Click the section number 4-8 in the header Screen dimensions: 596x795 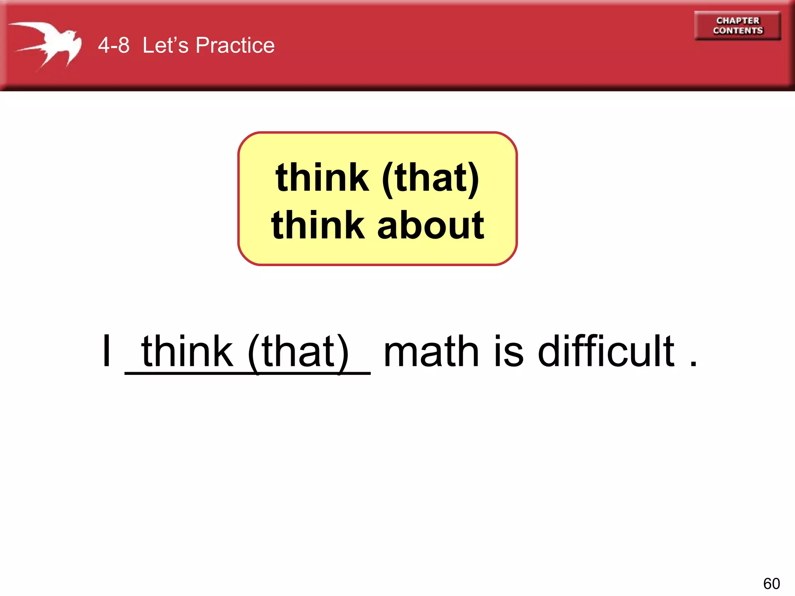coord(113,45)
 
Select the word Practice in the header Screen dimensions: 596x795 coord(235,45)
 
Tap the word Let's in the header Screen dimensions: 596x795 coord(165,45)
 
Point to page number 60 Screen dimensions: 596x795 coord(771,584)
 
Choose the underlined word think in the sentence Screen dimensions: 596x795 coord(187,351)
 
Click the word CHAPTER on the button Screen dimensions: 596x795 coord(738,21)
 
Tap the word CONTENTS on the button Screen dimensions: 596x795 coord(738,31)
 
